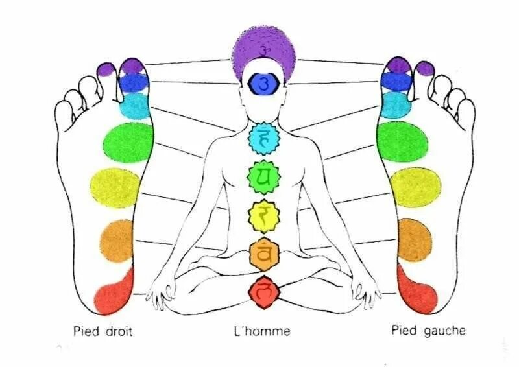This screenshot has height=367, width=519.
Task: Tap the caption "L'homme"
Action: pyautogui.click(x=262, y=331)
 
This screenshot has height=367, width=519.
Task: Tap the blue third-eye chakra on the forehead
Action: pyautogui.click(x=263, y=83)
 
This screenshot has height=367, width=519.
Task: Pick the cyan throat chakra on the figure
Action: pyautogui.click(x=263, y=138)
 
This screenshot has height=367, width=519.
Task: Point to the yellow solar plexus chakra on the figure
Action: pyautogui.click(x=263, y=217)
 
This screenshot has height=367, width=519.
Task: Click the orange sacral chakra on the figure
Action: pyautogui.click(x=264, y=254)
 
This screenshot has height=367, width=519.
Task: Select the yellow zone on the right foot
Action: pyautogui.click(x=115, y=186)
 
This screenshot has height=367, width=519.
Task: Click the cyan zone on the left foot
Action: pyautogui.click(x=394, y=104)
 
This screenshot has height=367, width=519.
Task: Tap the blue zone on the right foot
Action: pyautogui.click(x=134, y=82)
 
